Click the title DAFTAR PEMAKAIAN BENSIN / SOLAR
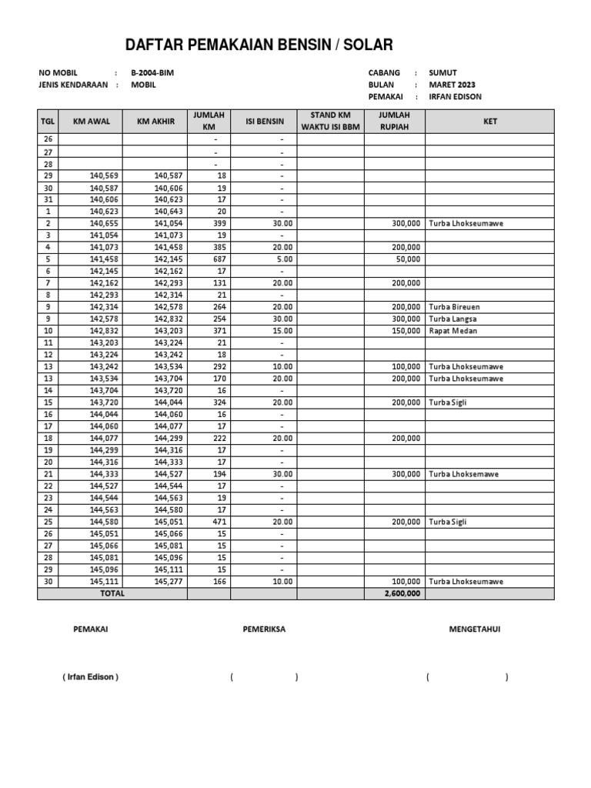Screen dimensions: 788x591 [259, 45]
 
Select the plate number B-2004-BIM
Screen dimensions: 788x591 [158, 73]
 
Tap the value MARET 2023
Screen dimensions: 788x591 [454, 85]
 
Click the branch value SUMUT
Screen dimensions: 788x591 [442, 73]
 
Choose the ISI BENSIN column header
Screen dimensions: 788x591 [264, 122]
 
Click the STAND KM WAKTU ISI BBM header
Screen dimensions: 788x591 [330, 121]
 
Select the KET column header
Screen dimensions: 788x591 [489, 122]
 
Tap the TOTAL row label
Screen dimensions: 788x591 [112, 594]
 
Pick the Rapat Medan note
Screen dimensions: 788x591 [453, 331]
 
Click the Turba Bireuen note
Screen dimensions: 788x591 [456, 307]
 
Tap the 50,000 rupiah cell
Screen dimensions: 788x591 [408, 259]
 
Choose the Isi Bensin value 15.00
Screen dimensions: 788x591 [282, 331]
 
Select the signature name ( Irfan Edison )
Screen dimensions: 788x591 [90, 677]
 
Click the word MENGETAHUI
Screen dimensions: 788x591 [475, 629]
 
